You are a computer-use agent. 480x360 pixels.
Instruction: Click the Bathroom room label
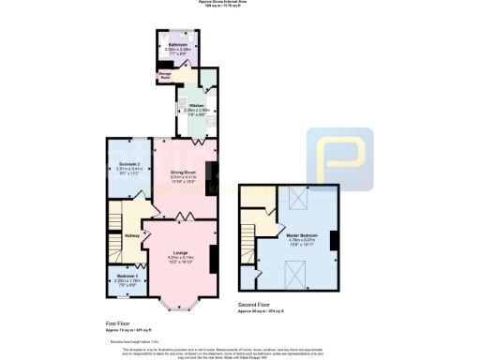(177, 45)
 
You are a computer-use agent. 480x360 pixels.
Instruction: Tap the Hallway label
(131, 235)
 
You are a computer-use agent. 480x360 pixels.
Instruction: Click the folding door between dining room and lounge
(185, 217)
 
